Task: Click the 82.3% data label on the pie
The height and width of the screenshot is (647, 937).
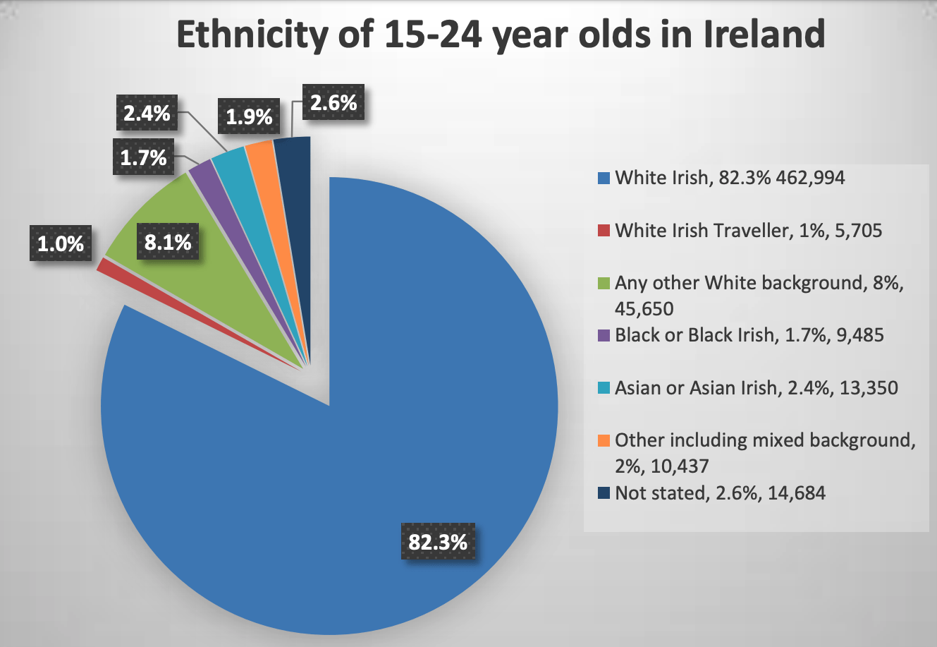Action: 438,542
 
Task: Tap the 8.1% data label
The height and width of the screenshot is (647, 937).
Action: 168,243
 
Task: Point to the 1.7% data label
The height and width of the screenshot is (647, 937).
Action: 143,157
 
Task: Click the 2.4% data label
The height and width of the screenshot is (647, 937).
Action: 147,113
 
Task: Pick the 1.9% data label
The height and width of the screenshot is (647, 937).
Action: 249,116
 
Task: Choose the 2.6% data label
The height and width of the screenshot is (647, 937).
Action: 333,103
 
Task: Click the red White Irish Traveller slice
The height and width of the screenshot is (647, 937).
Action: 106,265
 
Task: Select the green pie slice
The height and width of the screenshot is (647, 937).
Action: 212,233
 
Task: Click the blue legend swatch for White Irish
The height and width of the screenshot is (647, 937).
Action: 604,178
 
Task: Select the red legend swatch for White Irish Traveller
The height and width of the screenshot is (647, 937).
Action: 604,231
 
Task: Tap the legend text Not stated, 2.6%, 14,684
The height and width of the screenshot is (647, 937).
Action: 720,492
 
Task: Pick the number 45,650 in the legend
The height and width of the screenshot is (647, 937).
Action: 644,309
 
